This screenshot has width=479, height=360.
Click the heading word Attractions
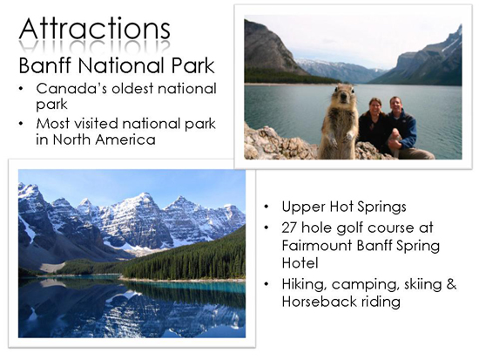(95, 29)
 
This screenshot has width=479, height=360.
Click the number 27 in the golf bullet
(289, 228)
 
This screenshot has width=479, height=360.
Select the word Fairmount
(317, 245)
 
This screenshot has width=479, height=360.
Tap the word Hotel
(300, 263)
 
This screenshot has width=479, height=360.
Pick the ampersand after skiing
(451, 284)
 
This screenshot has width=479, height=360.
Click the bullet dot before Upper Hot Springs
(266, 207)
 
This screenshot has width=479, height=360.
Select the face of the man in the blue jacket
(396, 105)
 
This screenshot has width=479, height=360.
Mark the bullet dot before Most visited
(21, 124)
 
